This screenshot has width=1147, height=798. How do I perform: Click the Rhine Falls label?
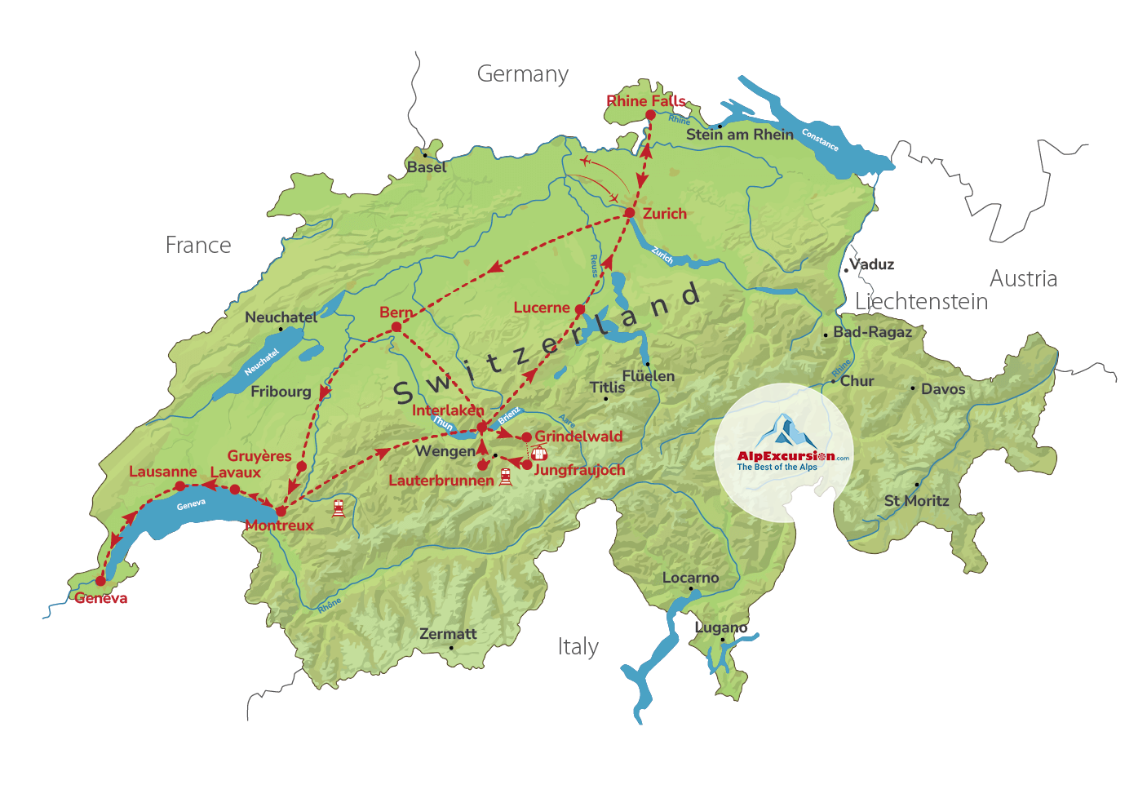point(645,101)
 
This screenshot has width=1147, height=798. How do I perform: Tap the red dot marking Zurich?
point(630,213)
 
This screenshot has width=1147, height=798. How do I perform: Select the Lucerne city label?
point(541,308)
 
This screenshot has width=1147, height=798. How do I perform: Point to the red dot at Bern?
point(396,327)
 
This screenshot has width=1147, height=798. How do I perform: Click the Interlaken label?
point(447,410)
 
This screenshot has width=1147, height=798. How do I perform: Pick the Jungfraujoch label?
point(579,470)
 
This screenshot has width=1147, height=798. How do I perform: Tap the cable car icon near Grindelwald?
point(538,453)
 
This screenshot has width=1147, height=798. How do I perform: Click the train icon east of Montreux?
point(339,508)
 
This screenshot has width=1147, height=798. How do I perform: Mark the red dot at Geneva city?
point(101,581)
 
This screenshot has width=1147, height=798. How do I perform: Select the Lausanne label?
point(162,472)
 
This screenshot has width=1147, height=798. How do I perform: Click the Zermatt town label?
point(448,634)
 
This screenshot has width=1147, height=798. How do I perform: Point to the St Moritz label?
point(916,501)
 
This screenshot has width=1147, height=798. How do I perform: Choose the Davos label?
point(943,389)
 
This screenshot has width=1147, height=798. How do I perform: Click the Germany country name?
point(523,74)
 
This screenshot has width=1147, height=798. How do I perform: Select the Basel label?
point(427,167)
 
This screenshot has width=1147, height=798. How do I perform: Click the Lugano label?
point(720,627)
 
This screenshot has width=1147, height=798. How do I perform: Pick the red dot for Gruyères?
point(301,467)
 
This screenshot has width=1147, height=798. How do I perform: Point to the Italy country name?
point(578,647)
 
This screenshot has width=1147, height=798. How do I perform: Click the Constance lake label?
point(820,140)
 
